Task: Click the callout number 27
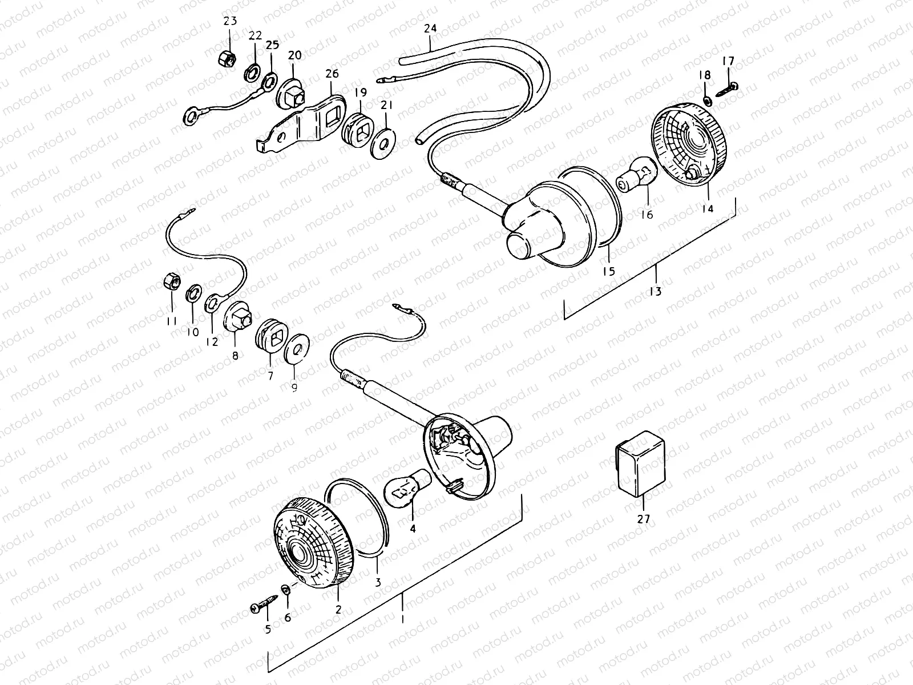[x=643, y=519]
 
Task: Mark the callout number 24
[x=430, y=29]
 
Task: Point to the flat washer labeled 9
[x=296, y=347]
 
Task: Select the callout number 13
[x=655, y=291]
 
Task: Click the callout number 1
[x=402, y=619]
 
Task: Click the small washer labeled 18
[x=706, y=100]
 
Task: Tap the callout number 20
[x=294, y=55]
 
